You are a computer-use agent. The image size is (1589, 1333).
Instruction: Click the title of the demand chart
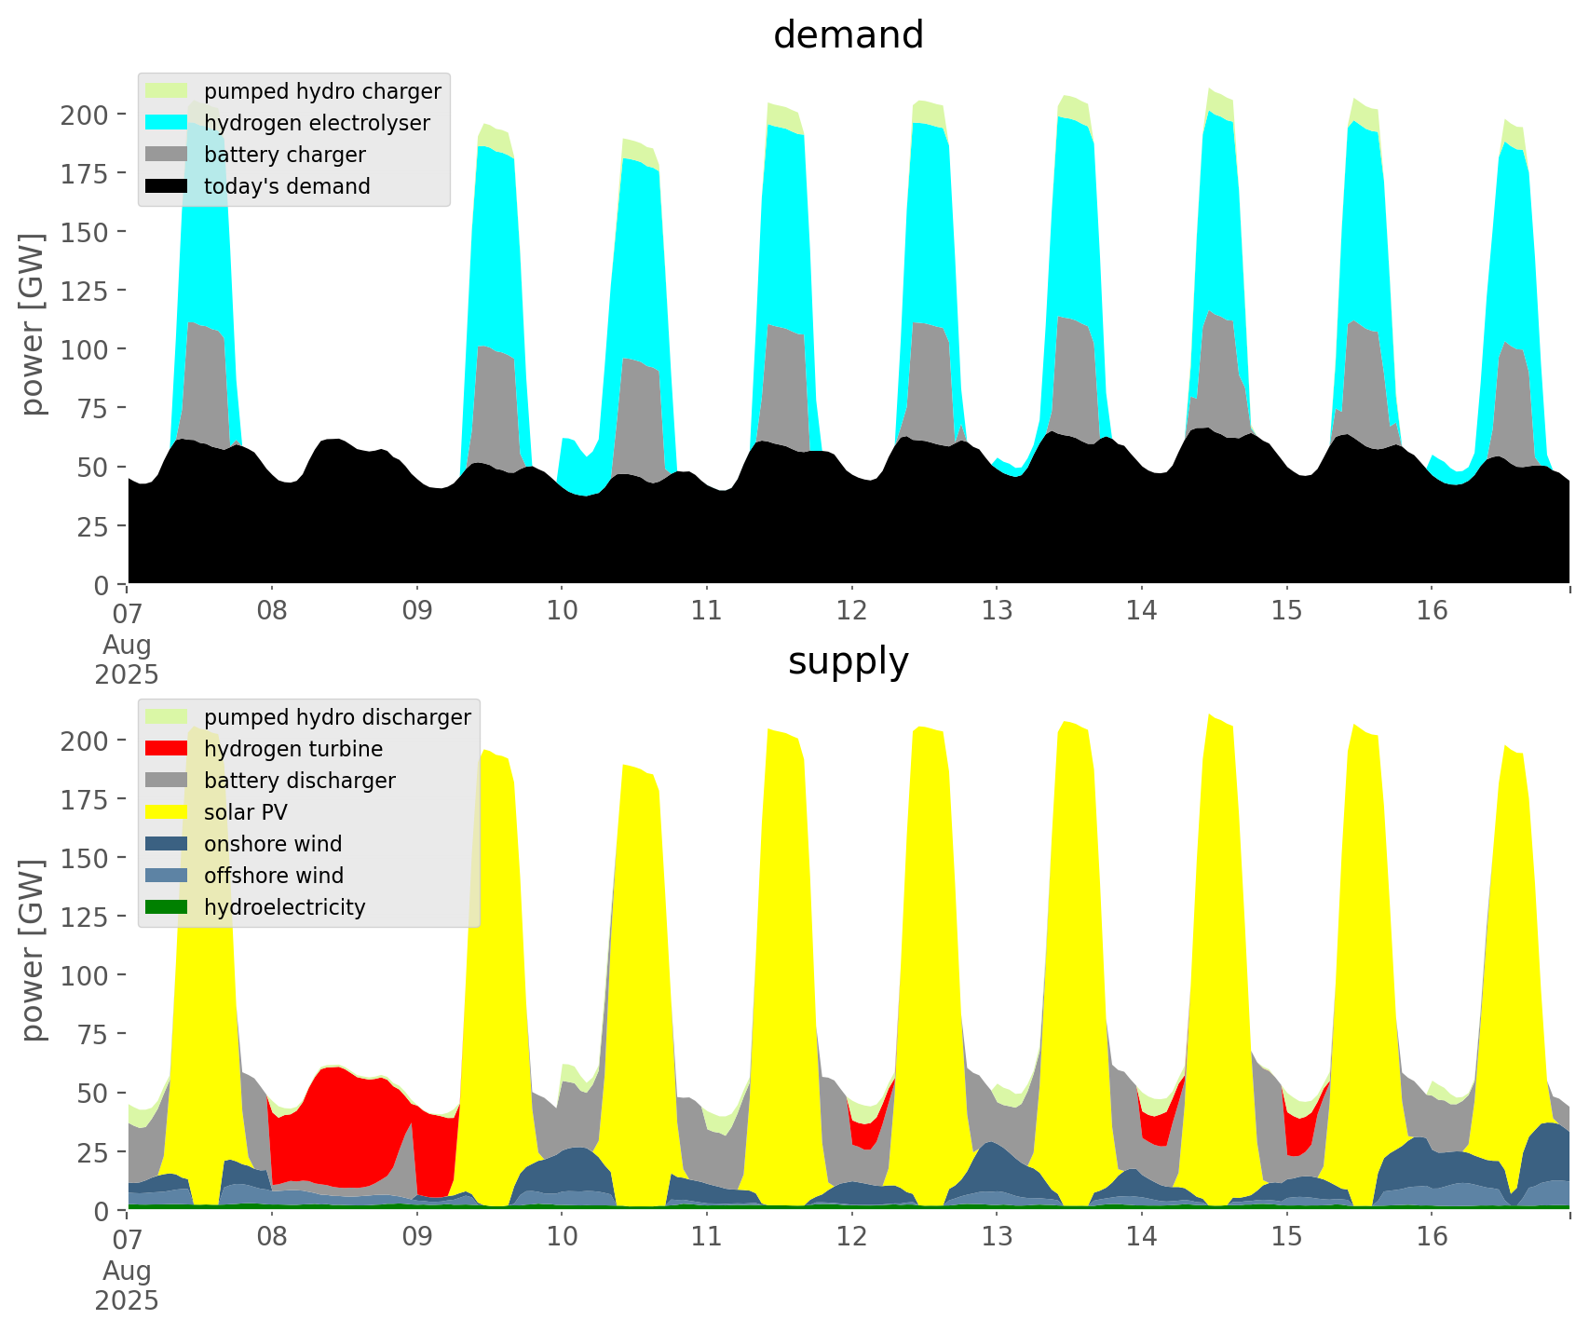[848, 35]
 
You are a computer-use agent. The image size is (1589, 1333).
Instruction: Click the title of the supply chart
[848, 661]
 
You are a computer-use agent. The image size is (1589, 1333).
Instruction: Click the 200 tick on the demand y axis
[85, 115]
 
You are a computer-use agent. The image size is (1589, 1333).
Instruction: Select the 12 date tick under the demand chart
[851, 611]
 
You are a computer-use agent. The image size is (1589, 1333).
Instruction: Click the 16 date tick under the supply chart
[1432, 1237]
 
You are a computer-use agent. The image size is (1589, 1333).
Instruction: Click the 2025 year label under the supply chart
[127, 1300]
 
